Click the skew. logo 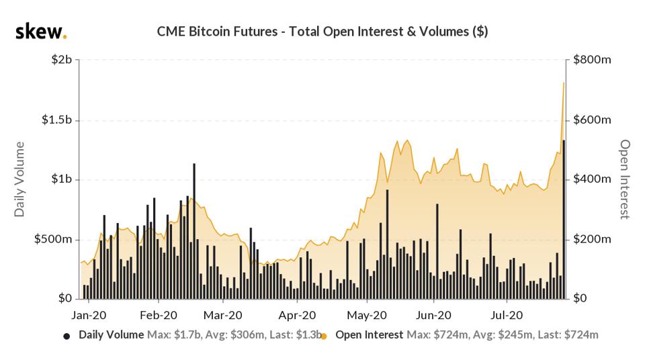[x=41, y=31]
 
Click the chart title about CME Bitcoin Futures [x=322, y=31]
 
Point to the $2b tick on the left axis [x=62, y=60]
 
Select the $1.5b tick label [x=57, y=120]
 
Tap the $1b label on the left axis [x=62, y=179]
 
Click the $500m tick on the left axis [x=55, y=239]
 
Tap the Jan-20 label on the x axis [x=89, y=314]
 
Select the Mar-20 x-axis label [x=222, y=314]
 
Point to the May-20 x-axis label [x=367, y=314]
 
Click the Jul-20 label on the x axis [x=506, y=314]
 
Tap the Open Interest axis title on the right [x=625, y=179]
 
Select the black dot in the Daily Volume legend [x=66, y=335]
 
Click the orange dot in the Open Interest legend [x=324, y=335]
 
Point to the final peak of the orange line [x=563, y=83]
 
